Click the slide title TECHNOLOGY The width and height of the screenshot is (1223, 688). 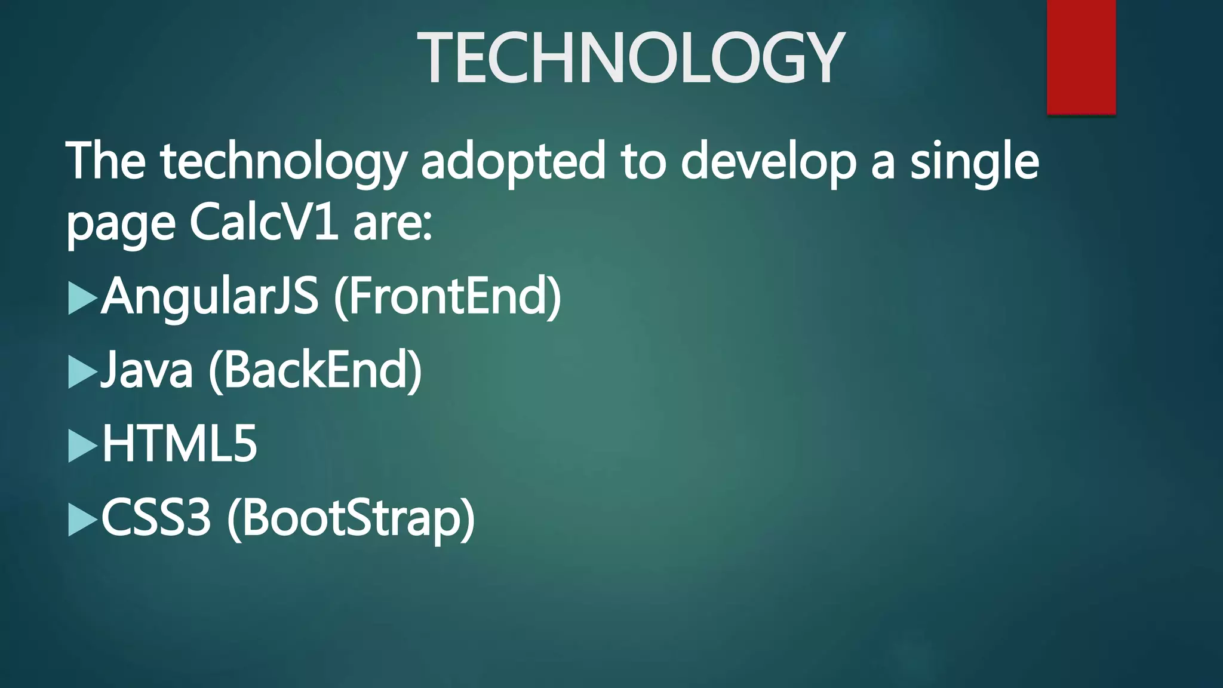coord(631,58)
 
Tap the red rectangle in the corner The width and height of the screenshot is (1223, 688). coord(1081,57)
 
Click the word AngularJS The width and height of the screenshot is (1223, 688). coord(210,296)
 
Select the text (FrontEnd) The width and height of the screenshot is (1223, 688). coord(447,296)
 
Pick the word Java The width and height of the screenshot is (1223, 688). coord(147,370)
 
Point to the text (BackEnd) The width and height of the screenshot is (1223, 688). coord(315,370)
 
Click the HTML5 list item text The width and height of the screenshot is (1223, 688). coord(180,444)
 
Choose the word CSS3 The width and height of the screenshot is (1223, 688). coord(156,517)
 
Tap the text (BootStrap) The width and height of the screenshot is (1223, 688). coord(351,517)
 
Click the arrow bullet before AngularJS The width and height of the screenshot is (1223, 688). coord(82,298)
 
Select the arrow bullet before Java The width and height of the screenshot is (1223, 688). coord(82,372)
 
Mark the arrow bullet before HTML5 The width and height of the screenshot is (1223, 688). coord(82,446)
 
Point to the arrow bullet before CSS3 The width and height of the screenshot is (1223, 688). coord(82,520)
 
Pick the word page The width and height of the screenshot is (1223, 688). coord(121,226)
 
